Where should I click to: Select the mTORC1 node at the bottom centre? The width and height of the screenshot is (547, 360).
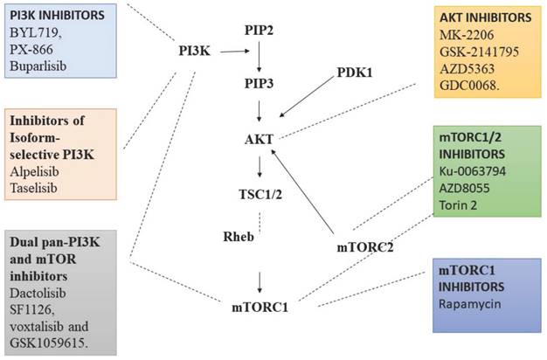point(261,306)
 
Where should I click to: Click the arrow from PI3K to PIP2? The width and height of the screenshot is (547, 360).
point(235,52)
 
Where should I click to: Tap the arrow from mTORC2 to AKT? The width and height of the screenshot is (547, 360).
point(308,192)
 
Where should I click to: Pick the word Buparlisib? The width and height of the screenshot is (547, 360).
point(41,64)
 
